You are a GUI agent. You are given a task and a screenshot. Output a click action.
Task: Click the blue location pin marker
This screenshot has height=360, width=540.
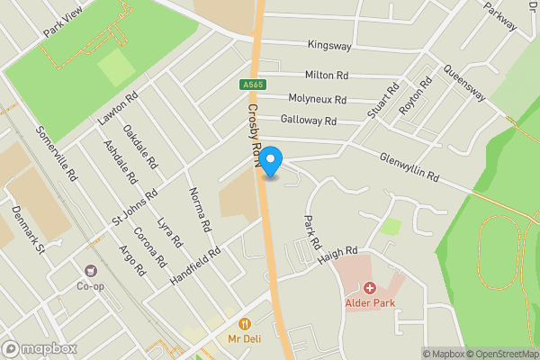(271, 161)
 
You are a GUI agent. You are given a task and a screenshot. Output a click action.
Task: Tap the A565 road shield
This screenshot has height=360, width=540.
(252, 85)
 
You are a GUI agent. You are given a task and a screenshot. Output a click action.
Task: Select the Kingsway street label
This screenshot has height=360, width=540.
(329, 44)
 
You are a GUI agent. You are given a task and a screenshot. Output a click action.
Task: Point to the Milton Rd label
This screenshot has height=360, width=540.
(327, 76)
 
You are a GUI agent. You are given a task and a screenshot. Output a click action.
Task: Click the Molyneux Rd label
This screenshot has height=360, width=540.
(316, 97)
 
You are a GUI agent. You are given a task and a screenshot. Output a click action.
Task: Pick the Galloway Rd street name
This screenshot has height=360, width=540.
(308, 120)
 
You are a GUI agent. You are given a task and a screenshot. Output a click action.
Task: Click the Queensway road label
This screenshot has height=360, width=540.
(464, 84)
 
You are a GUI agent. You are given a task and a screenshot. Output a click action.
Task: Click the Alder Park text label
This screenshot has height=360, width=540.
(371, 302)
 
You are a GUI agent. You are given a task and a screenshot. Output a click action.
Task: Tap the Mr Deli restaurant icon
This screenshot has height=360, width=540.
(244, 324)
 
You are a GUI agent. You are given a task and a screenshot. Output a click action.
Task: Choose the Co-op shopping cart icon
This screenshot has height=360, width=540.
(90, 271)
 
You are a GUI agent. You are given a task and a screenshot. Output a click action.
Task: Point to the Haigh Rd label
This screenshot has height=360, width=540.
(337, 255)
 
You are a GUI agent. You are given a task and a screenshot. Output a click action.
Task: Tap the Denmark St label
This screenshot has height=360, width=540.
(28, 228)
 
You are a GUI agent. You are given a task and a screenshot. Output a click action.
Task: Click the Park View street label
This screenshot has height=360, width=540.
(62, 23)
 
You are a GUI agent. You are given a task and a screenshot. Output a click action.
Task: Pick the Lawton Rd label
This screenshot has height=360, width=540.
(118, 109)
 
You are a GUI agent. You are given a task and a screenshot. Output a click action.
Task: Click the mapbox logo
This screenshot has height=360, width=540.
(39, 349)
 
